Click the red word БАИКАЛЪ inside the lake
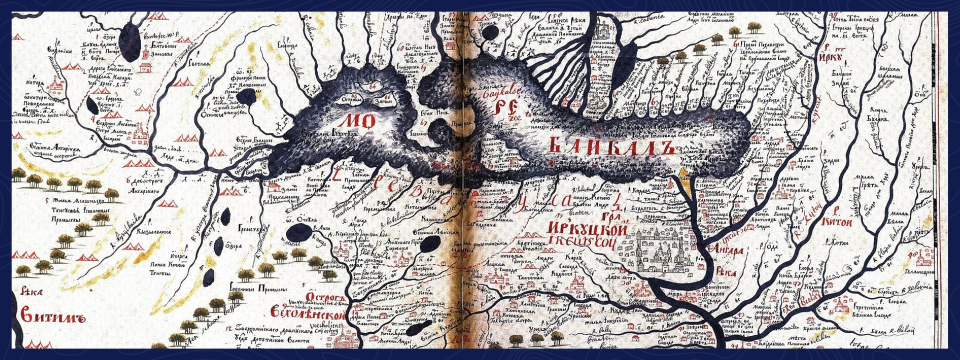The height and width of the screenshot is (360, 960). coord(609,144)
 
